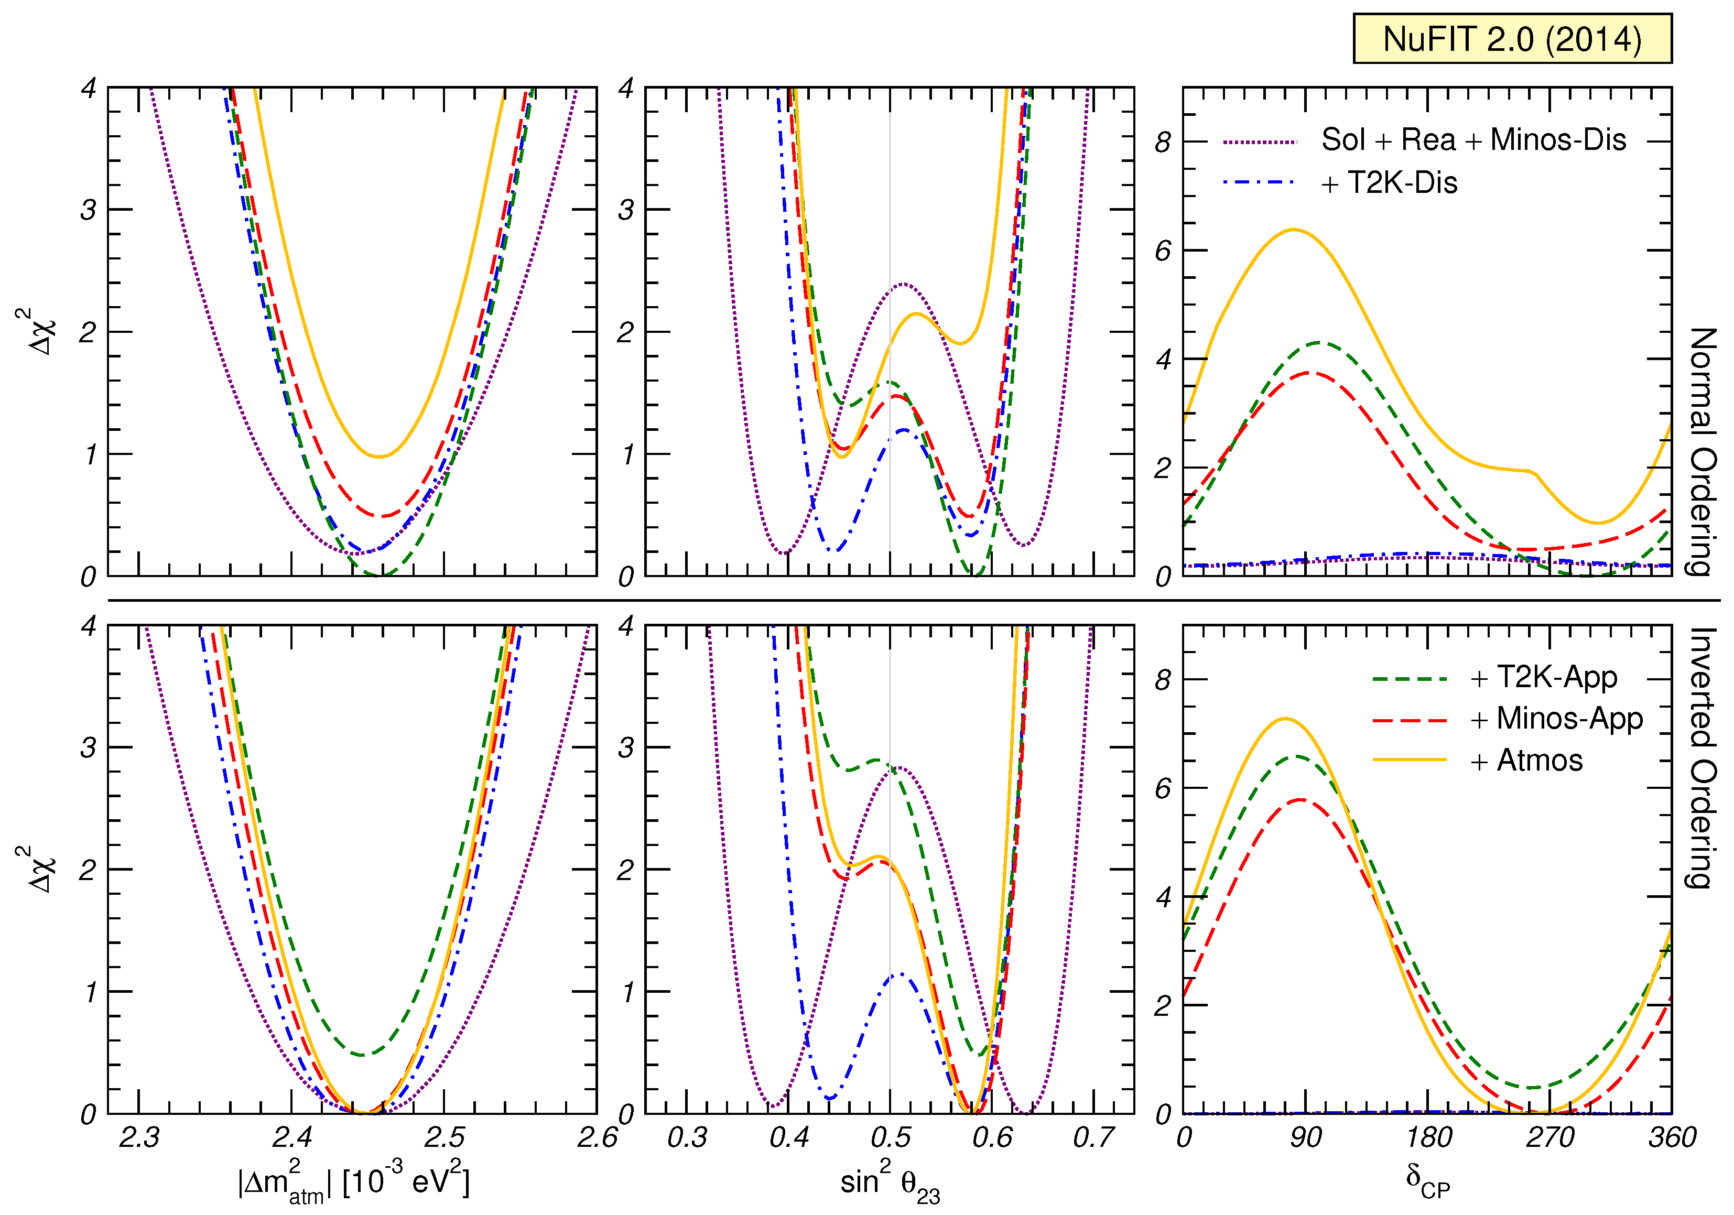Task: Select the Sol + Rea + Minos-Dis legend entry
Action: (x=1472, y=140)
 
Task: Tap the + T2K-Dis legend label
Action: (x=1389, y=183)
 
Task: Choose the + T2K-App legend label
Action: (x=1544, y=677)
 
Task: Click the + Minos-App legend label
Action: (x=1556, y=718)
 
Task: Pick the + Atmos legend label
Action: (x=1526, y=761)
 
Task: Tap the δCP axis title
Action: (x=1427, y=1180)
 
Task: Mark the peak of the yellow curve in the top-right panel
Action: (x=1294, y=230)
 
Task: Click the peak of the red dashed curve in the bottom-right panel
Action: (x=1300, y=800)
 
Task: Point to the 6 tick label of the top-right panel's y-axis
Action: (x=1163, y=251)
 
